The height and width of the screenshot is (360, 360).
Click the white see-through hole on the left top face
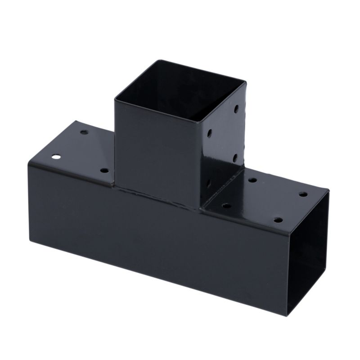(x=56, y=158)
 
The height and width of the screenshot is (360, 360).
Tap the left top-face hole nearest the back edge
(x=84, y=132)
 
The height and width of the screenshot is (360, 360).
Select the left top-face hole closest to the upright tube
(x=104, y=171)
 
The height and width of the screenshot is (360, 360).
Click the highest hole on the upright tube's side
(x=236, y=109)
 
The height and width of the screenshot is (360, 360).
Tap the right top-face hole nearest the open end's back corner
(x=303, y=195)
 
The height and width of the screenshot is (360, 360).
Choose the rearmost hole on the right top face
(x=252, y=180)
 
